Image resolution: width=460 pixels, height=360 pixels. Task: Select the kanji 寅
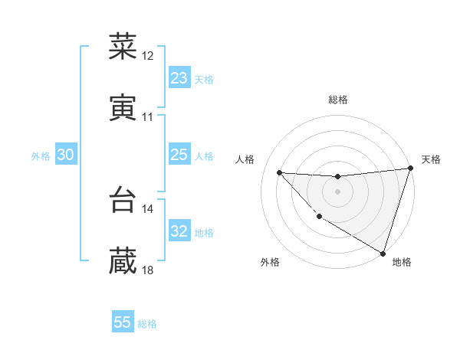pyautogui.click(x=123, y=108)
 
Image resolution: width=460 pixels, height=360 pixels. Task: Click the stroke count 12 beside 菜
pyautogui.click(x=148, y=56)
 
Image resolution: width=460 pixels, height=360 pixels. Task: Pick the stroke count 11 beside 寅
pyautogui.click(x=148, y=117)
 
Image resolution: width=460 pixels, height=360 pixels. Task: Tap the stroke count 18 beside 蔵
pyautogui.click(x=148, y=270)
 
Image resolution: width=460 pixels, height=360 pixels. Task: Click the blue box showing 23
pyautogui.click(x=179, y=78)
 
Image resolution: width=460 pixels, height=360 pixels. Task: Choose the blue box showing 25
pyautogui.click(x=179, y=155)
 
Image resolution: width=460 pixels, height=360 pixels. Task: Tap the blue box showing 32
pyautogui.click(x=179, y=231)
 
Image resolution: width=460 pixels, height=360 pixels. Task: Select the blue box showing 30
pyautogui.click(x=65, y=155)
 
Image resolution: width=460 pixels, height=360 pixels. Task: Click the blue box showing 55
pyautogui.click(x=123, y=322)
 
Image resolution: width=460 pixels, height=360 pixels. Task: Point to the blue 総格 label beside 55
pyautogui.click(x=147, y=324)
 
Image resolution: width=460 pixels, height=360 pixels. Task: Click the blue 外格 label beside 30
pyautogui.click(x=41, y=156)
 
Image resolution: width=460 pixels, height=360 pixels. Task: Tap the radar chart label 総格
pyautogui.click(x=338, y=100)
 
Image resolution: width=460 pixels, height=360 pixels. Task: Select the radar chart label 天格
pyautogui.click(x=432, y=159)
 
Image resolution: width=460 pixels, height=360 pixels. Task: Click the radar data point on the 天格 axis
pyautogui.click(x=410, y=169)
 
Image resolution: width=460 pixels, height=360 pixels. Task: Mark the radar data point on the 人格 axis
pyautogui.click(x=279, y=172)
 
